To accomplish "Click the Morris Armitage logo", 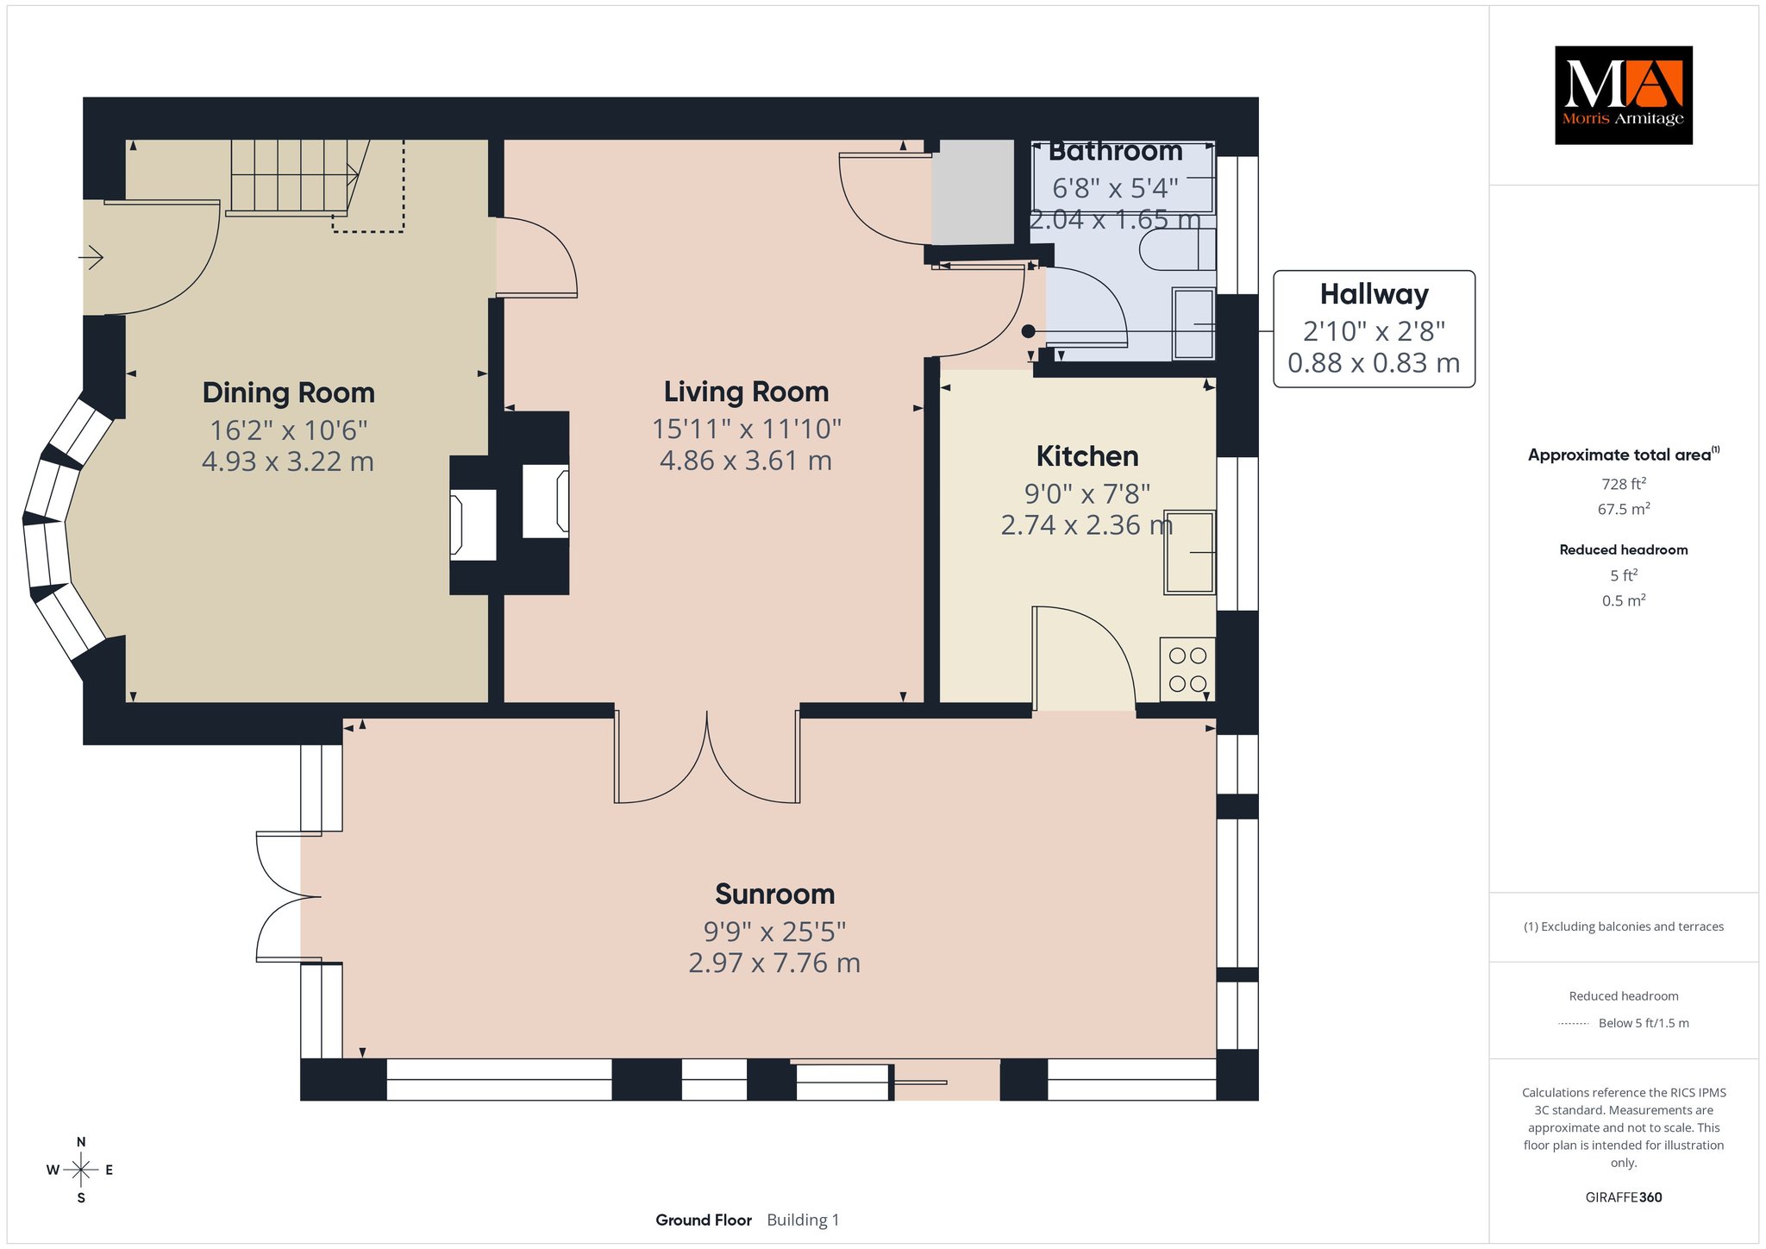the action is tap(1623, 95).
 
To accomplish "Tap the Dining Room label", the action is tap(288, 392).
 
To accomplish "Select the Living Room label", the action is tap(746, 392).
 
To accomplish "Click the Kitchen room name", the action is tap(1087, 455).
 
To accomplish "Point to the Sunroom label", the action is tap(774, 894).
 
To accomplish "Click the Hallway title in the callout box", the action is tap(1374, 294).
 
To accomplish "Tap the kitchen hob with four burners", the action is tap(1187, 668).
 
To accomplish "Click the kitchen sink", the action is tap(1189, 552).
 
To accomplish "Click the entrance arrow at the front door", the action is tap(92, 257).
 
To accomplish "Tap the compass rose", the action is tap(81, 1170).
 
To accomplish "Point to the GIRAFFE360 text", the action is tap(1623, 1197).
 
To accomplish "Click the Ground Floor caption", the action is tap(704, 1220).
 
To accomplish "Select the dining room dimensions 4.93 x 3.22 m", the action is tap(288, 461).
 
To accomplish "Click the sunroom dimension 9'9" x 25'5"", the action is tap(774, 932).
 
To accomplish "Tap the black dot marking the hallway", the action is tap(1028, 330).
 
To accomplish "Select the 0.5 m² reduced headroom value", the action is tap(1623, 600).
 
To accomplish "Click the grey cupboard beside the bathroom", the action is tap(974, 191).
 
